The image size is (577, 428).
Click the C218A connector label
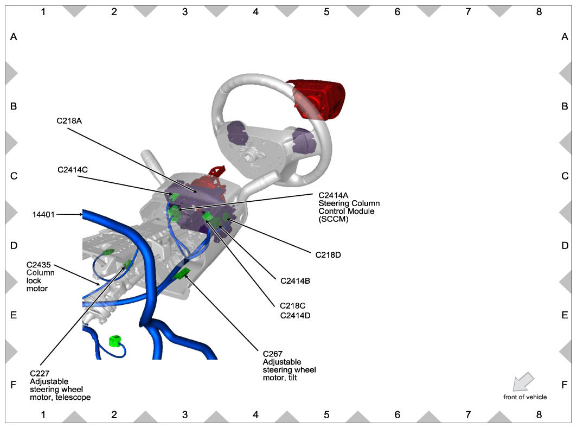[69, 121]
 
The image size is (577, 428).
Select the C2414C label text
[73, 170]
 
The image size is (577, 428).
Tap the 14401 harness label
[43, 214]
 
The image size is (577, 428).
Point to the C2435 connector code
[39, 265]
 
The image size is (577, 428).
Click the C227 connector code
[40, 373]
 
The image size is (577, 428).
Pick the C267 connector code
[272, 354]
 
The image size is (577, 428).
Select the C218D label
[328, 254]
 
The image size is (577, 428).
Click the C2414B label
[295, 281]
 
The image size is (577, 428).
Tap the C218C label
[292, 305]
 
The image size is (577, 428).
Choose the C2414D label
[295, 315]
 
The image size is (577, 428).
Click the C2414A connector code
[333, 195]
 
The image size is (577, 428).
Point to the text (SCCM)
[334, 219]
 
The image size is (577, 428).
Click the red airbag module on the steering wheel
[317, 99]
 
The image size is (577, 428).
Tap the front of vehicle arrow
[523, 381]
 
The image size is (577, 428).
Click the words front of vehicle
[525, 397]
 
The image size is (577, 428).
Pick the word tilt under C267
[290, 378]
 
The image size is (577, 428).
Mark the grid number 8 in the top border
[538, 12]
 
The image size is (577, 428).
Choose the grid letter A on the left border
[14, 37]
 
